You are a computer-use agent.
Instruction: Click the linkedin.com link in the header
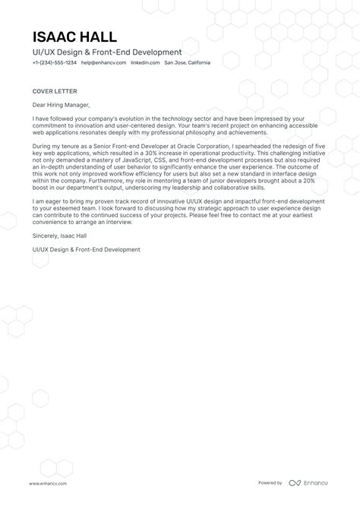[x=145, y=62]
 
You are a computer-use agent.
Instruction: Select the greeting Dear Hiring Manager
[x=61, y=105]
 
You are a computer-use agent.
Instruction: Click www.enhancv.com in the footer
[x=49, y=482]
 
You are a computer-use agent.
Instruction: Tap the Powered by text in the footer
[x=270, y=482]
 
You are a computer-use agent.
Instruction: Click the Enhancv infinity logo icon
[x=295, y=482]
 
